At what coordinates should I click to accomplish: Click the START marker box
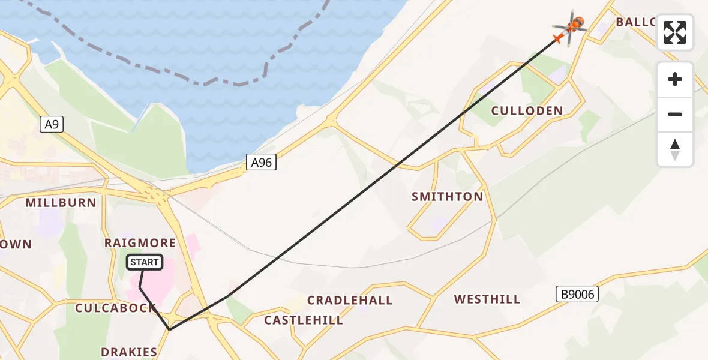pos(145,262)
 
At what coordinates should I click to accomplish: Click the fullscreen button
pos(675,32)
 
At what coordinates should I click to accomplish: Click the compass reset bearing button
pos(675,150)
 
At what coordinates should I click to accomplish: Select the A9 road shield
pos(51,124)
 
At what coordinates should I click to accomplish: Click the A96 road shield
pos(261,162)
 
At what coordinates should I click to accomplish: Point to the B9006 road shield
pos(577,294)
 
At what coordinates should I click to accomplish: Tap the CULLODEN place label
pos(527,110)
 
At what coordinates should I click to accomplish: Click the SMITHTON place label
pos(447,197)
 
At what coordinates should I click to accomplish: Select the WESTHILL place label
pos(487,299)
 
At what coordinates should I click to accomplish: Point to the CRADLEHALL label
pos(350,300)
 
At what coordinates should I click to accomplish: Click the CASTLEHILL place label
pos(304,320)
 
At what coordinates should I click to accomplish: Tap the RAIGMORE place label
pos(140,243)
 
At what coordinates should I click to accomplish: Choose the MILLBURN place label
pos(61,203)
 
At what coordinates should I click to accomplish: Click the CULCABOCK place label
pos(115,308)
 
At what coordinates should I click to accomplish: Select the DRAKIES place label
pos(129,352)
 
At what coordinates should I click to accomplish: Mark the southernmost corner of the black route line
pos(170,329)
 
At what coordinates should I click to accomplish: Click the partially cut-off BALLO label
pos(636,22)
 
